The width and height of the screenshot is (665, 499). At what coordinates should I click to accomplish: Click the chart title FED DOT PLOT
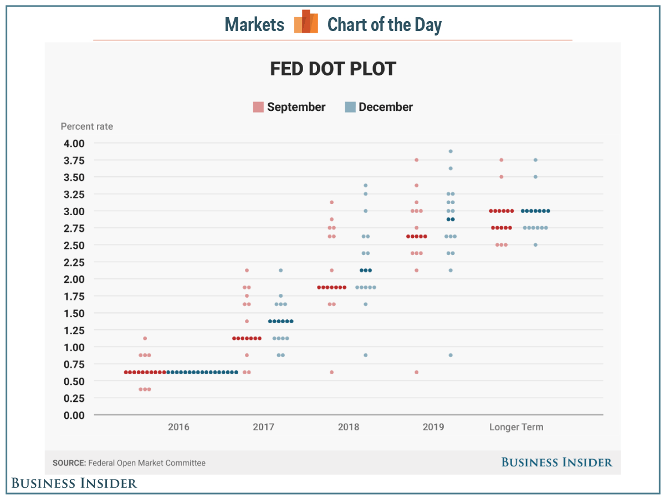pos(333,69)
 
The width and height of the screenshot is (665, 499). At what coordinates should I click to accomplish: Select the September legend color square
pos(258,107)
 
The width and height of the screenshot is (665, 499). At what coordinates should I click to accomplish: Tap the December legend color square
pos(350,107)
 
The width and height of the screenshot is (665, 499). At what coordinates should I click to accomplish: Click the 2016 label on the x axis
pos(178,427)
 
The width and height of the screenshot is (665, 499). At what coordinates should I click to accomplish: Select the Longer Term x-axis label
pos(516,427)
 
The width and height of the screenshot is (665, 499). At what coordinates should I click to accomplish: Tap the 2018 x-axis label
pos(348,427)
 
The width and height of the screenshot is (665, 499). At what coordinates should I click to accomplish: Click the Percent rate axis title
pos(86,126)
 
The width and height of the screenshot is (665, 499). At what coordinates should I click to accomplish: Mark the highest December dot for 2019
pos(451,151)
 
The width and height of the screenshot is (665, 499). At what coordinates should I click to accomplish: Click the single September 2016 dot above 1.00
pos(145,338)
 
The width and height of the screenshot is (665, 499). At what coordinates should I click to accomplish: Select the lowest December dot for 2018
pos(365,355)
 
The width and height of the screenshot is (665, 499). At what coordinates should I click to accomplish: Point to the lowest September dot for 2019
pos(416,372)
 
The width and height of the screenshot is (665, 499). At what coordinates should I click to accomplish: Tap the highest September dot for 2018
pos(331,202)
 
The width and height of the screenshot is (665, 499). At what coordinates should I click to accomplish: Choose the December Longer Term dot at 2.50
pos(535,245)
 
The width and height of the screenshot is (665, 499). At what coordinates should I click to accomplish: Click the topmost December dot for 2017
pos(280,271)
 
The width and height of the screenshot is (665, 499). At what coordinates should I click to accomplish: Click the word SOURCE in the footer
pos(69,463)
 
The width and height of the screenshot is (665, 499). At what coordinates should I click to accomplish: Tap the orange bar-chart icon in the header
pos(306,22)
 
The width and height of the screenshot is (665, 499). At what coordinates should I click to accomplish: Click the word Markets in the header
pos(254,25)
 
